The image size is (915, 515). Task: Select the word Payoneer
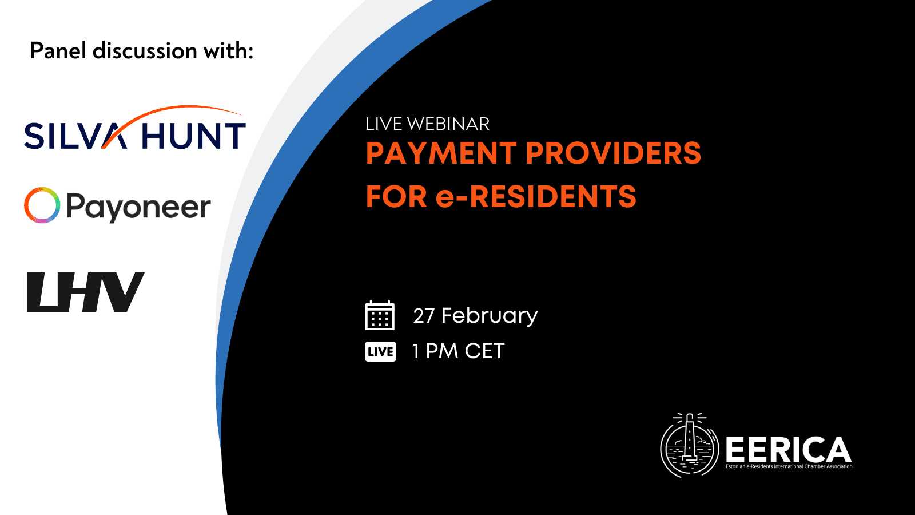tap(138, 207)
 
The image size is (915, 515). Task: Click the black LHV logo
tap(86, 292)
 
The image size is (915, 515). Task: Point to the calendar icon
tap(380, 315)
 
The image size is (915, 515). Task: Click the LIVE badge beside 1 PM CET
tap(380, 351)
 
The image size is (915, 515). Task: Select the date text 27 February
tap(475, 316)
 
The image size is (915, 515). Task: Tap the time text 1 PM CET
tap(458, 351)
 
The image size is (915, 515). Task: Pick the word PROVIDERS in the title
tap(613, 153)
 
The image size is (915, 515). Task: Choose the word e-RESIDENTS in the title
tap(536, 197)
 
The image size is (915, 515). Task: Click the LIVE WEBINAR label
tap(427, 124)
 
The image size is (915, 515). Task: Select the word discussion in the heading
tap(145, 51)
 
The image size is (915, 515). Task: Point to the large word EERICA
tap(789, 449)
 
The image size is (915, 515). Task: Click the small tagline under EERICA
tap(789, 466)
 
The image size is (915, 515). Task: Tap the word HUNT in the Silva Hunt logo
tap(194, 136)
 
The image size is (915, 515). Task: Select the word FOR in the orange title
tap(396, 197)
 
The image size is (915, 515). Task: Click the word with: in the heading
tap(229, 51)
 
